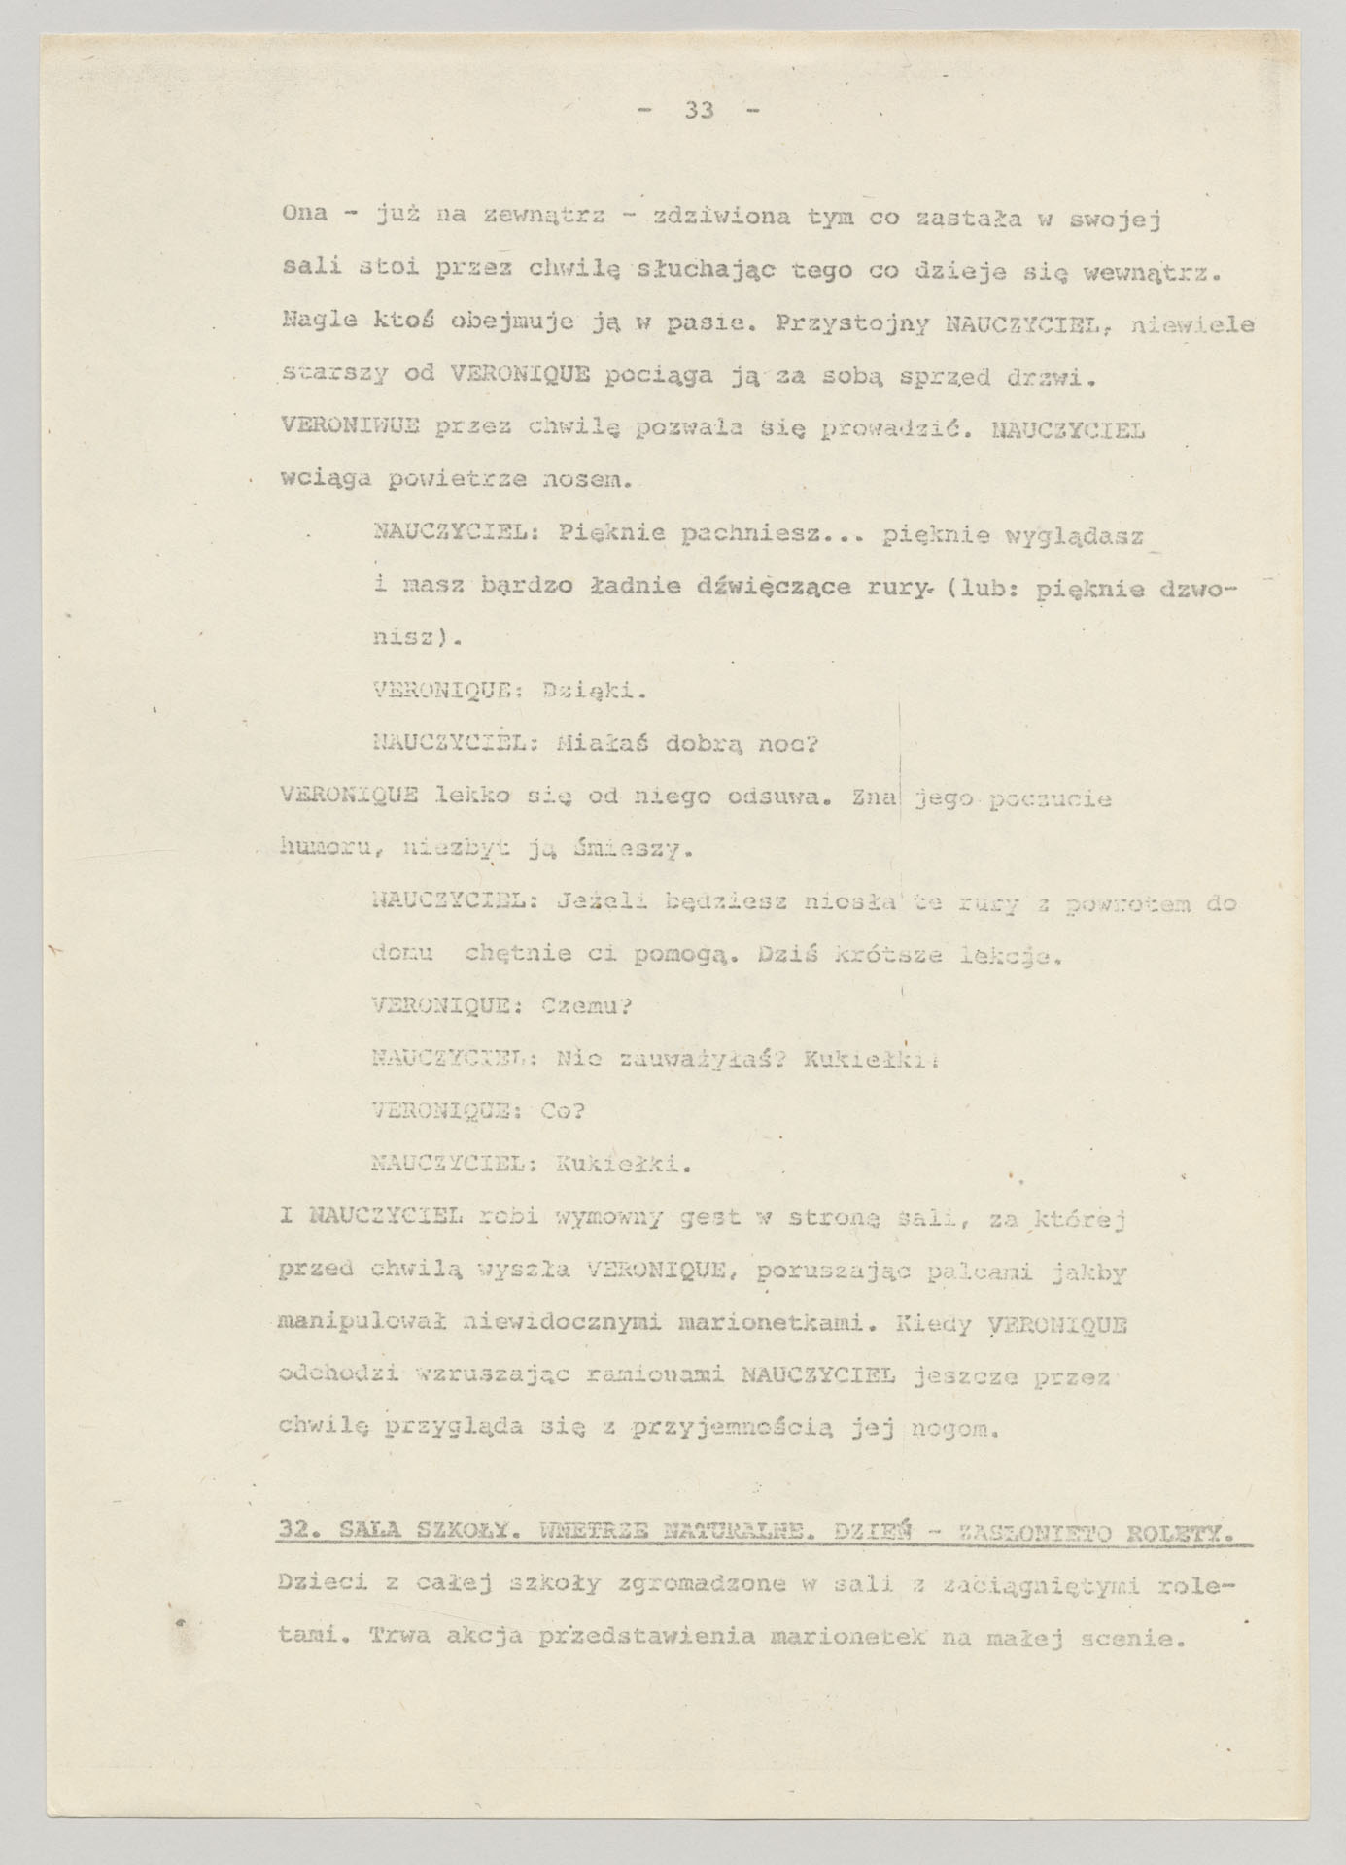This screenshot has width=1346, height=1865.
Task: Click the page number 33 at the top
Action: [x=700, y=111]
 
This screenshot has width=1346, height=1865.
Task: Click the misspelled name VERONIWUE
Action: [x=335, y=427]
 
